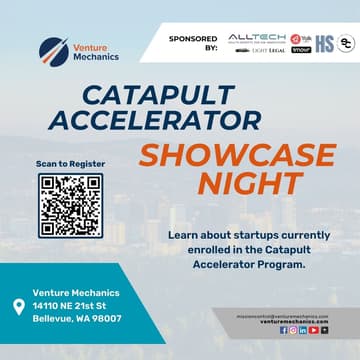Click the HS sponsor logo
point(324,43)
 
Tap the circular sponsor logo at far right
point(346,43)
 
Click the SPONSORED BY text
point(193,43)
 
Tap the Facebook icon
point(284,330)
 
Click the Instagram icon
point(293,330)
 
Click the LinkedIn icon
point(303,330)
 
